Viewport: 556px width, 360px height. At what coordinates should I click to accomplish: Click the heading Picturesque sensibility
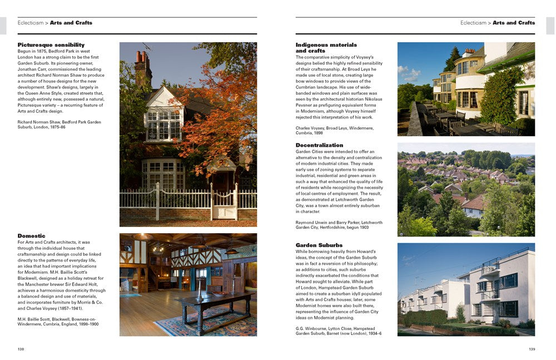[51, 45]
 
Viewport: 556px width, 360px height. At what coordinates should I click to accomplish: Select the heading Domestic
[31, 236]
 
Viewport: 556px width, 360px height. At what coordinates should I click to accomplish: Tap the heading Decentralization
[319, 145]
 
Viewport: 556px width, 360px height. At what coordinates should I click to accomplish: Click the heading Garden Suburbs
[319, 245]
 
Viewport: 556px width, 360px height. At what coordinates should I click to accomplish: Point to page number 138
[21, 349]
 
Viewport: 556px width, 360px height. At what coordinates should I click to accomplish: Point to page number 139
[531, 349]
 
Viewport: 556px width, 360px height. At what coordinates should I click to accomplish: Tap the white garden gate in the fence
[225, 203]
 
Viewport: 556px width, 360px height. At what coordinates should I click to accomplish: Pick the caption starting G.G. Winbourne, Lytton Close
[338, 331]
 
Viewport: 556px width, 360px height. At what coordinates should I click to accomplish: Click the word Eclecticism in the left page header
[32, 23]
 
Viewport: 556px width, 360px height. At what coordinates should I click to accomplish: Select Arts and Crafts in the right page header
[513, 23]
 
